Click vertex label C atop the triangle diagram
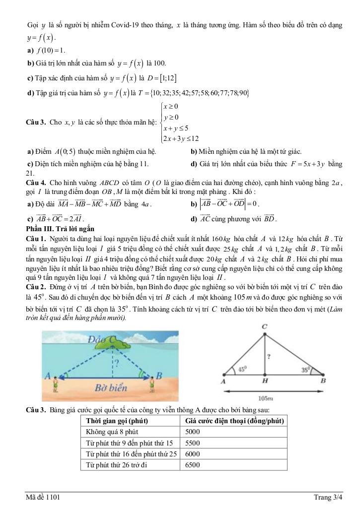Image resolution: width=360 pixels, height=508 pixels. pyautogui.click(x=265, y=326)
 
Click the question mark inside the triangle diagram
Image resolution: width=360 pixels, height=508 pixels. pyautogui.click(x=269, y=356)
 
